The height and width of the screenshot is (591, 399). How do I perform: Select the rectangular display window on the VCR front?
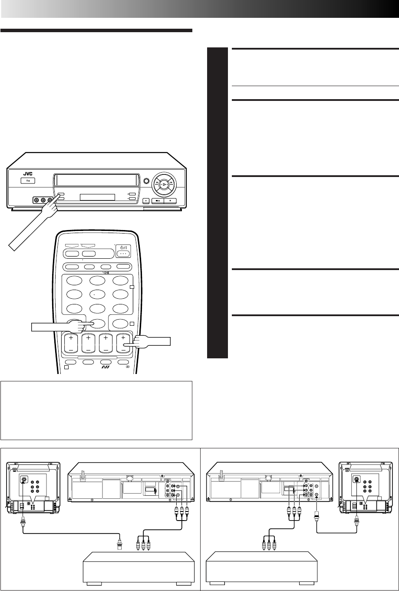[97, 197]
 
